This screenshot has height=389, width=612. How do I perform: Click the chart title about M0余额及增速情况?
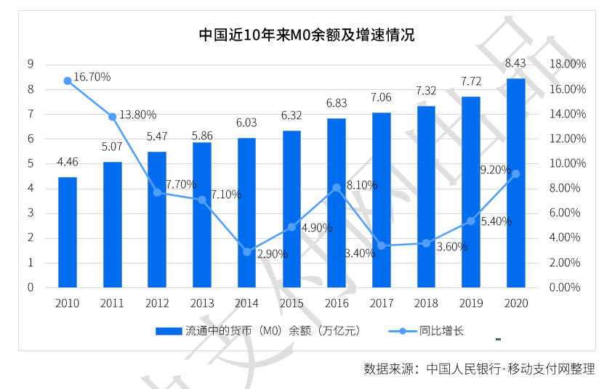pos(307,35)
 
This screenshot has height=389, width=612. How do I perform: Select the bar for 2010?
pos(68,232)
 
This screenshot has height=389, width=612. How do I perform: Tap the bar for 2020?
pos(515,183)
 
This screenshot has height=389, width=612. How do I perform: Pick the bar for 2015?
pos(291,209)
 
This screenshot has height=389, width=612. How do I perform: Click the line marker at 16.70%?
pos(68,81)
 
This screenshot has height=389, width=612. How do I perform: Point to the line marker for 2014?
pos(246,252)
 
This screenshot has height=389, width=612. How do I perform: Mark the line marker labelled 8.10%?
pos(337,188)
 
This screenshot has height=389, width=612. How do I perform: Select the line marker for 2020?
pos(515,174)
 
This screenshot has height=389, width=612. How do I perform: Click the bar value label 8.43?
pos(515,63)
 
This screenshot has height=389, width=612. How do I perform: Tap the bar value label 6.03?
pos(246,123)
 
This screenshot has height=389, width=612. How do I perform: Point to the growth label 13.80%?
pos(138,115)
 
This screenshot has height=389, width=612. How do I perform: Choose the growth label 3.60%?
pos(452,247)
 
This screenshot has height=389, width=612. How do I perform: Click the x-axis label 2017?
pos(382,303)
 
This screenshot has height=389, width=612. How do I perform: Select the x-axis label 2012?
pos(157,303)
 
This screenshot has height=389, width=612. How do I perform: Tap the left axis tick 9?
pos(31,64)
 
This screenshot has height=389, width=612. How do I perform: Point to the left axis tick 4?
pos(31,188)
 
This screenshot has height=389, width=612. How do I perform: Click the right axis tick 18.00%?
pos(568,64)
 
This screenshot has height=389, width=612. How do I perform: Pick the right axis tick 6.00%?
pos(565,213)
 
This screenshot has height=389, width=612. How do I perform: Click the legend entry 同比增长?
pos(426,331)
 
